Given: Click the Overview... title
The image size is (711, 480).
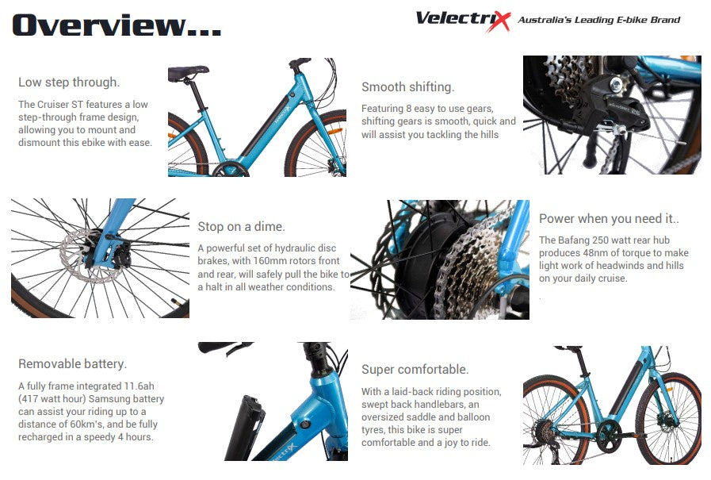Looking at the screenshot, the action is click(117, 25).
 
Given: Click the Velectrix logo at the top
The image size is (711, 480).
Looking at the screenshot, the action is click(463, 21).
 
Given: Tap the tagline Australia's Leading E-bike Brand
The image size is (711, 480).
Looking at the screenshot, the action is click(599, 20).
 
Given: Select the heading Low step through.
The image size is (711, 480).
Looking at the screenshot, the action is click(69, 83).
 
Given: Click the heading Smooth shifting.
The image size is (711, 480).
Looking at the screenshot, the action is click(407, 86).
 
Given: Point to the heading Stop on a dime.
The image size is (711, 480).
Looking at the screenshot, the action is click(241, 226).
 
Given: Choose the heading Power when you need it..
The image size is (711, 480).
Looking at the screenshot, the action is click(609, 219).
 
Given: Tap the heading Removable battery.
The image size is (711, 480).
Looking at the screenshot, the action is click(73, 364).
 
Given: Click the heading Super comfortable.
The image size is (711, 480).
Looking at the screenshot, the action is click(415, 369).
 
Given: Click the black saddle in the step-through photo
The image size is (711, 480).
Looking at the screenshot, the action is click(188, 72).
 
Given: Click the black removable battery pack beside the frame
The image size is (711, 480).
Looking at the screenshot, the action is click(244, 427).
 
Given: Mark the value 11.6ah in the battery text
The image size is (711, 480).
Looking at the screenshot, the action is click(139, 386).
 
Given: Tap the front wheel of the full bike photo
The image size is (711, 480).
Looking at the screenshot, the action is click(668, 418).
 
